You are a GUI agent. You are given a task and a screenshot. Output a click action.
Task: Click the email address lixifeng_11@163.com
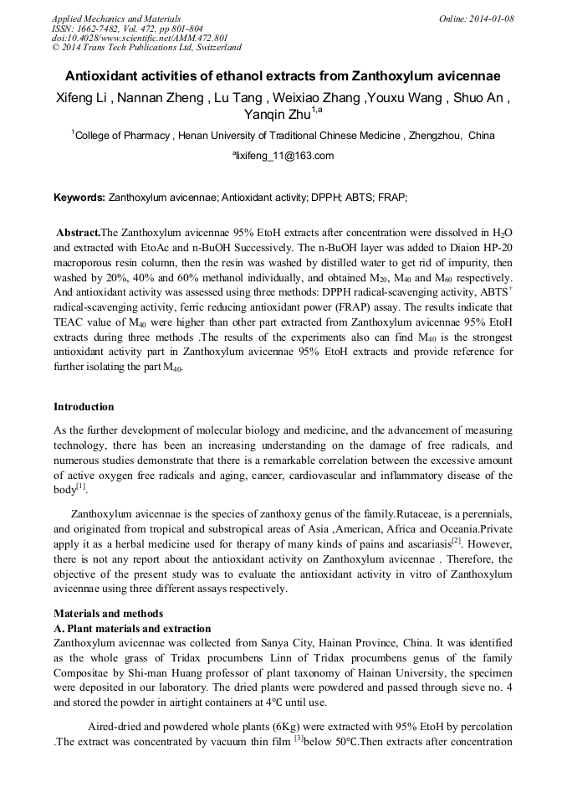click(x=283, y=156)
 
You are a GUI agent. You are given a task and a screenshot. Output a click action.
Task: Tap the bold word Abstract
click(x=77, y=232)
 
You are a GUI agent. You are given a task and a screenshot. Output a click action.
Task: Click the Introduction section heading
click(x=84, y=407)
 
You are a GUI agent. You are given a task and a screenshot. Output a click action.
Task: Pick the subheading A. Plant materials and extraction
click(x=132, y=629)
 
